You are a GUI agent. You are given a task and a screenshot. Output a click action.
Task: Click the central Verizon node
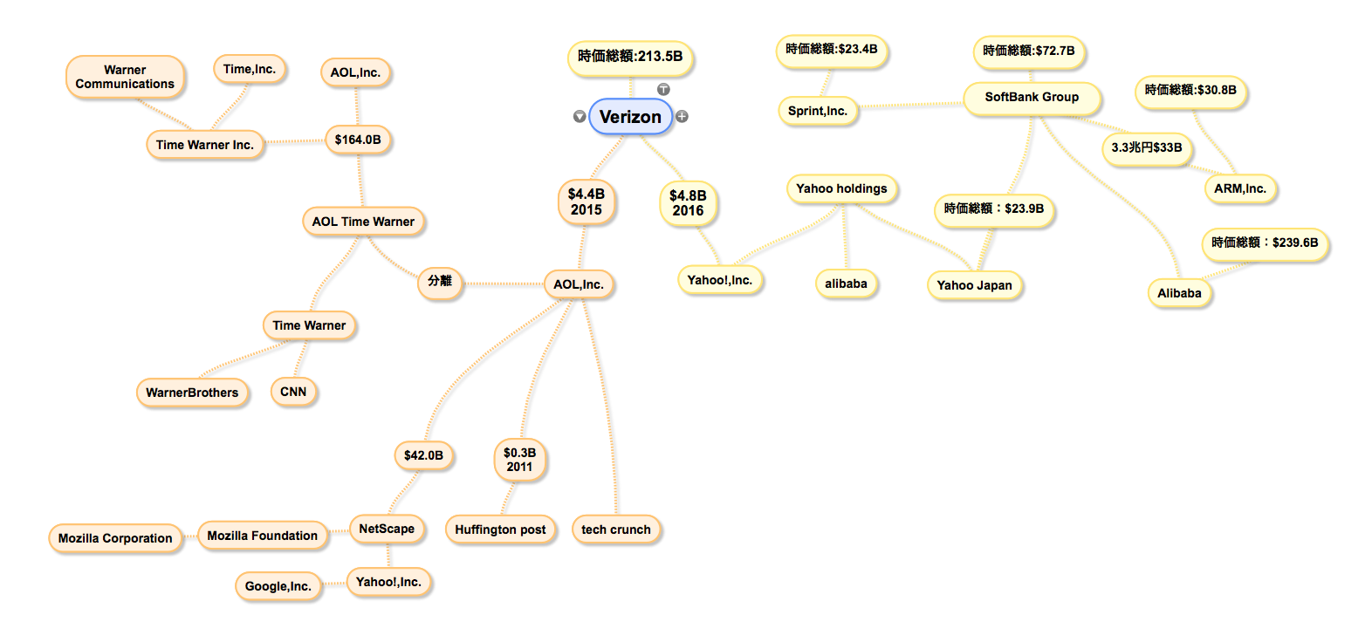coord(630,116)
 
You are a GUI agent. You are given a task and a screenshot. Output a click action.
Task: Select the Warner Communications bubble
coord(125,77)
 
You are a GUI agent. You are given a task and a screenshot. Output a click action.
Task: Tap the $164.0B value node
coord(358,140)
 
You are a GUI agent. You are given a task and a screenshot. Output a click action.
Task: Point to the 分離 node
coord(440,281)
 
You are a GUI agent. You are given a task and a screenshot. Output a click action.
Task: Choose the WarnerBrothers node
coord(192,393)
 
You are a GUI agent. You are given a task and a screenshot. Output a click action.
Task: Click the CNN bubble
coord(293,391)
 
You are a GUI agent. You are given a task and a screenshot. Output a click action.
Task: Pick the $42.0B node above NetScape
coord(423,455)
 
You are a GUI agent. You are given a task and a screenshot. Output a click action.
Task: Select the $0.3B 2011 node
coord(520,460)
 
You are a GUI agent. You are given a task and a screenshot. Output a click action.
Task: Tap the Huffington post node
coord(500,529)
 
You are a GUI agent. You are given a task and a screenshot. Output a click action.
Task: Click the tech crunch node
coord(616,529)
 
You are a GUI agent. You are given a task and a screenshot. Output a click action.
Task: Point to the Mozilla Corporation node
coord(115,538)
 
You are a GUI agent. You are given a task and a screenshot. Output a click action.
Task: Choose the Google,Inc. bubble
coord(278,586)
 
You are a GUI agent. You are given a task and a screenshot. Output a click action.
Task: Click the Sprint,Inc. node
coord(818,111)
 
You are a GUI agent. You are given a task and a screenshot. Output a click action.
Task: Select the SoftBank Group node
coord(1032,97)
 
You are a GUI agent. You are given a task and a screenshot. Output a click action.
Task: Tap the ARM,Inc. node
coord(1240,188)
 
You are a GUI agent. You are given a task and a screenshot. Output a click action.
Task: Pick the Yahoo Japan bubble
coord(974,285)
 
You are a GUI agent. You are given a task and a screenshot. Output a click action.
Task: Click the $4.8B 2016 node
coord(688,203)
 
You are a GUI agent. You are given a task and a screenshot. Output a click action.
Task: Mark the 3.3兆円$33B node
coord(1147,147)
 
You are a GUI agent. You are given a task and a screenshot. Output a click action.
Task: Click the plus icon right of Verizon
coord(682,116)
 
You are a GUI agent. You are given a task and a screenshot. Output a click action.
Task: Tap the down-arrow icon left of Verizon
coord(580,116)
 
